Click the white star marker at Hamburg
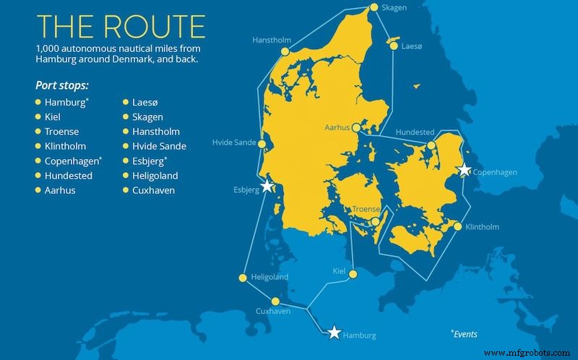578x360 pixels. pyautogui.click(x=334, y=332)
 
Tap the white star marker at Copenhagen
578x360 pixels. pyautogui.click(x=465, y=170)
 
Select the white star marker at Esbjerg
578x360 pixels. pyautogui.click(x=267, y=186)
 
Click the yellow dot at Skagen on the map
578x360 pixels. pyautogui.click(x=374, y=8)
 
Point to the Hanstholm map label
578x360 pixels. pyautogui.click(x=272, y=40)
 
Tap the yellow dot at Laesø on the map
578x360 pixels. pyautogui.click(x=394, y=46)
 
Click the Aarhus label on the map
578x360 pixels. pyautogui.click(x=336, y=127)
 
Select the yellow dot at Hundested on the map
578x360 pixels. pyautogui.click(x=431, y=145)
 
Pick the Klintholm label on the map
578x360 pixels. pyautogui.click(x=483, y=227)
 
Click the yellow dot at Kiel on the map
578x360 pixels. pyautogui.click(x=353, y=274)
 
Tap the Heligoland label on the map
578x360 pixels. pyautogui.click(x=269, y=277)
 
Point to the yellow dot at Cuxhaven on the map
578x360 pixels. pyautogui.click(x=275, y=302)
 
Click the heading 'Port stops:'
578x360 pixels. pyautogui.click(x=61, y=85)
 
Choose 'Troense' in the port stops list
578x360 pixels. pyautogui.click(x=61, y=132)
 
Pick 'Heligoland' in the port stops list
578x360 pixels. pyautogui.click(x=155, y=176)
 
